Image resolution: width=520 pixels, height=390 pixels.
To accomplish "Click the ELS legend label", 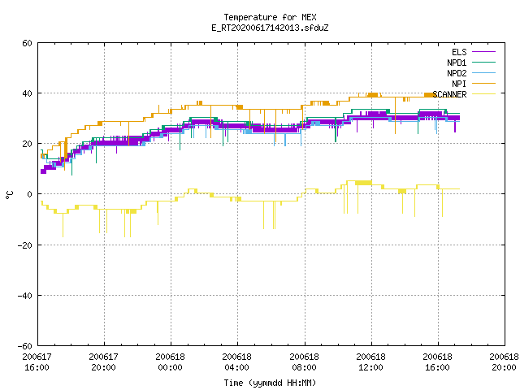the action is point(459,52).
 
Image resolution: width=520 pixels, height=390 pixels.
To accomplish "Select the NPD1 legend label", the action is point(457,63).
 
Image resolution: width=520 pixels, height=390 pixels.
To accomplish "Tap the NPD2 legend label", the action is point(457,73).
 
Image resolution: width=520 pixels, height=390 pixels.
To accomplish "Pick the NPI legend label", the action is point(459,84).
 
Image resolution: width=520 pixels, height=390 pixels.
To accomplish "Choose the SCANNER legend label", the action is point(449,94).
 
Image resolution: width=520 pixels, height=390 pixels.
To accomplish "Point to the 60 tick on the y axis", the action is point(27,43).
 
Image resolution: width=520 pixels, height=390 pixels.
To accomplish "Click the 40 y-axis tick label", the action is point(27,93).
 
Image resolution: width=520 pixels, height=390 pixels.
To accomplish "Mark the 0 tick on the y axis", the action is point(30,194).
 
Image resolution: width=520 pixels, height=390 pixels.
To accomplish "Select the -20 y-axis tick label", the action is point(25,245).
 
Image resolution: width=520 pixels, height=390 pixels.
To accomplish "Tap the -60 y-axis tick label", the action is point(25,346).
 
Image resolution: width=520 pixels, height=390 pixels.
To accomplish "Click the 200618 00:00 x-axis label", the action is point(171,362).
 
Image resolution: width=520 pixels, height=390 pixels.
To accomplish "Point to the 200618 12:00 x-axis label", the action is point(370,362).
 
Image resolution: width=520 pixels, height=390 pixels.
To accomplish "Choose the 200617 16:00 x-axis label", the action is point(37,362).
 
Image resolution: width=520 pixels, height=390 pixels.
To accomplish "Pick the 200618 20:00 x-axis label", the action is point(504,362).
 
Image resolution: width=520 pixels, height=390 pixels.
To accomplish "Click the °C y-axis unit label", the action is point(9,195).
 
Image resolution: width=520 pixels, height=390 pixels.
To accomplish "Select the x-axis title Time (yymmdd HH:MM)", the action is point(270,383).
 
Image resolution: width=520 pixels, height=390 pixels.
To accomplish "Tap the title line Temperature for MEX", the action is point(270,17).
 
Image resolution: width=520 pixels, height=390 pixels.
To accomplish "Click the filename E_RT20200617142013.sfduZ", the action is point(270,28).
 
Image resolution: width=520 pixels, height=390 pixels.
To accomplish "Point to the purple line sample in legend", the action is point(484,52).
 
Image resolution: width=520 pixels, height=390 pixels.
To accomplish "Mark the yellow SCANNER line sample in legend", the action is point(484,94).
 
